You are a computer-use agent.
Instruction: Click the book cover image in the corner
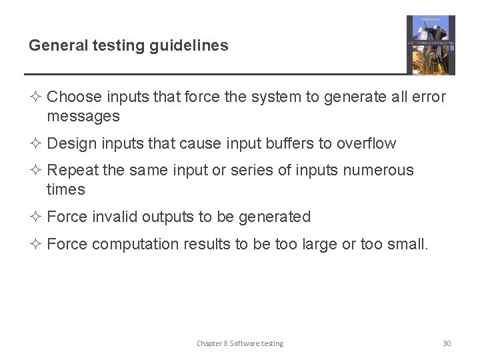coord(431,45)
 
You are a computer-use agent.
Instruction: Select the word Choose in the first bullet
coord(75,97)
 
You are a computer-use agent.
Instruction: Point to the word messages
coord(83,117)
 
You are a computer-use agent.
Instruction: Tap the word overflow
coord(366,144)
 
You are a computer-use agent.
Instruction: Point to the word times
coord(66,190)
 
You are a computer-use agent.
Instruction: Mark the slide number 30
coord(447,343)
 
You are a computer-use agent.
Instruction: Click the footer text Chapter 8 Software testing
coord(239,343)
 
